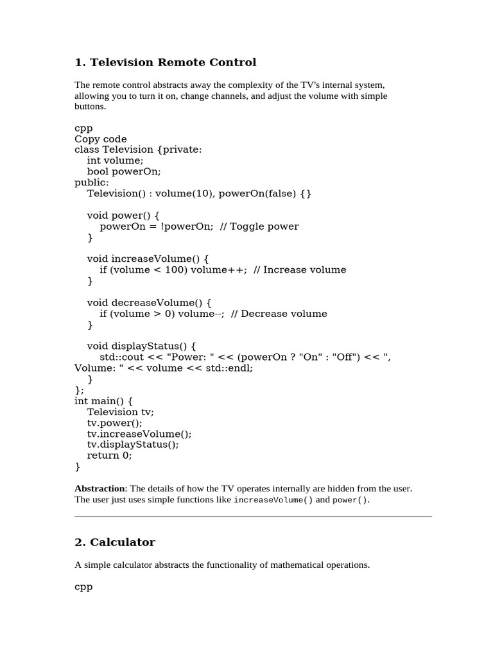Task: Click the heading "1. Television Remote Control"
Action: click(165, 62)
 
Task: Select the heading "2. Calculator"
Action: click(115, 542)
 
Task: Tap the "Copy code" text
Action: click(101, 139)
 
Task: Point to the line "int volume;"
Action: click(116, 161)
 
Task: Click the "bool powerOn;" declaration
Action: click(124, 172)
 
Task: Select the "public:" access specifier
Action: click(92, 183)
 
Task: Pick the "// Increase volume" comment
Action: click(300, 270)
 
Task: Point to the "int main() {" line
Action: click(103, 401)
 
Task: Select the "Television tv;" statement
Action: click(121, 412)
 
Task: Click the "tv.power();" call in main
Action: click(115, 423)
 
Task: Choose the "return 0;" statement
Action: click(110, 456)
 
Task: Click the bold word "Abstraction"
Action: click(99, 489)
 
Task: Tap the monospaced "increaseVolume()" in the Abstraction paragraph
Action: click(273, 500)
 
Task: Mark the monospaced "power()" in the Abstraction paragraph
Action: click(350, 500)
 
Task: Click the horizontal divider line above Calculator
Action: click(253, 516)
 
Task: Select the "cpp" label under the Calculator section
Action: click(83, 586)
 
